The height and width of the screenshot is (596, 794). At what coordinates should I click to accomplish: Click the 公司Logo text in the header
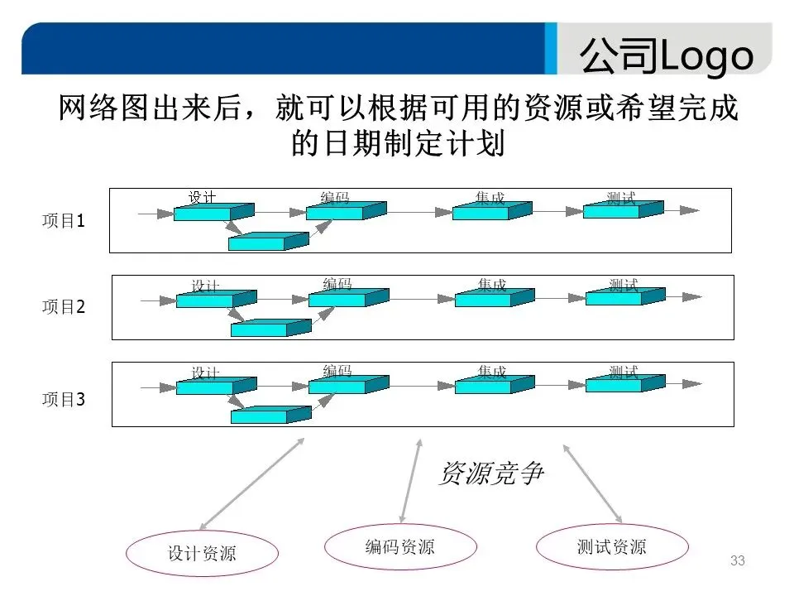click(x=666, y=55)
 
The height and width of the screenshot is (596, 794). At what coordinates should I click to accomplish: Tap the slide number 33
click(x=738, y=561)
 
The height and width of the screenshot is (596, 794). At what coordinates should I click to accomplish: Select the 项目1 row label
click(x=64, y=222)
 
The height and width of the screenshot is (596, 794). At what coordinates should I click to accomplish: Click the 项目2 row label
click(x=64, y=307)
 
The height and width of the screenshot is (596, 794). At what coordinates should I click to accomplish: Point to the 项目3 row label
click(x=64, y=400)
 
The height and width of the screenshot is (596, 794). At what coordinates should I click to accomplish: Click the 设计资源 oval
click(x=202, y=553)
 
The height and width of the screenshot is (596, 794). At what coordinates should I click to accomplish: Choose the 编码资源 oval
click(x=399, y=547)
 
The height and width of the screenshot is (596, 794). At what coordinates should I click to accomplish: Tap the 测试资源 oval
click(x=612, y=547)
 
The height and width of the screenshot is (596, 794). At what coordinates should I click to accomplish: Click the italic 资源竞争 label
click(x=490, y=473)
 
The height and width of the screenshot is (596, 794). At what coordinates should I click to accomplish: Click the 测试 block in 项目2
click(x=619, y=296)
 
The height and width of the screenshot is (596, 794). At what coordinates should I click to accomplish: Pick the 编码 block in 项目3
click(x=343, y=385)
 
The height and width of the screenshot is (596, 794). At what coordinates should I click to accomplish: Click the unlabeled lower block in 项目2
click(x=265, y=328)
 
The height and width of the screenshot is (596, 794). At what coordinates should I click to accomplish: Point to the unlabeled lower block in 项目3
click(x=265, y=414)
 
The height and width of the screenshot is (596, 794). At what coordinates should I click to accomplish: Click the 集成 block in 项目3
click(x=489, y=385)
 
